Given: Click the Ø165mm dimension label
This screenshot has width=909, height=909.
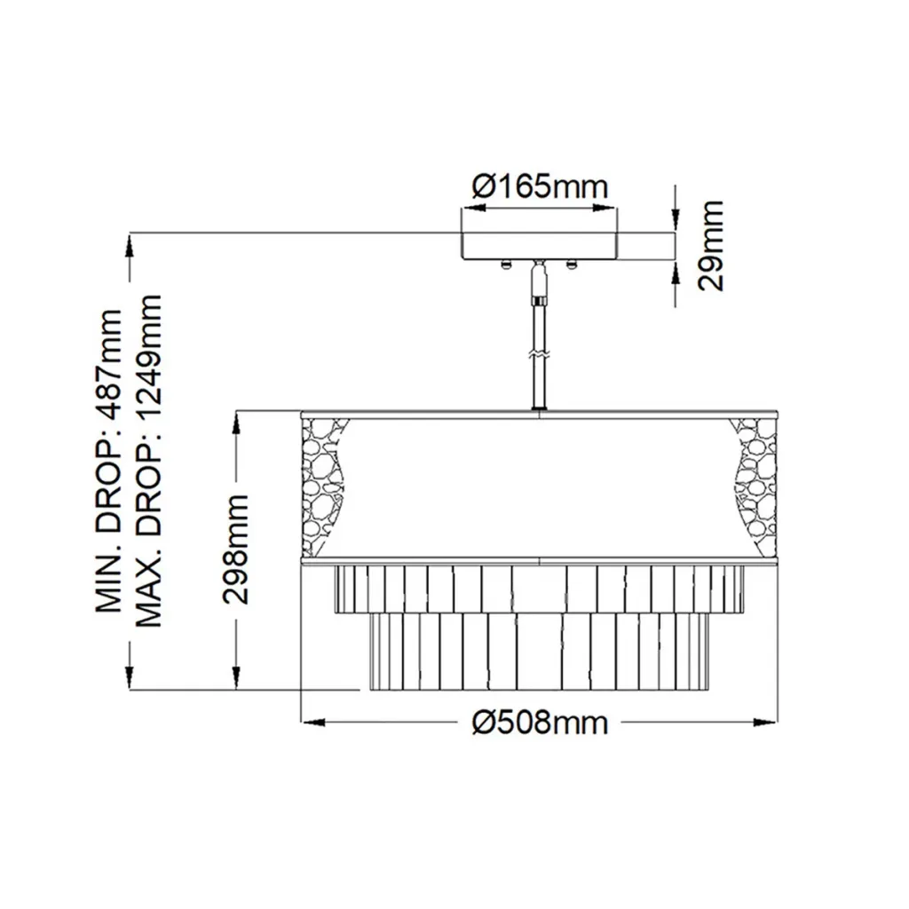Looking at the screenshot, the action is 540,187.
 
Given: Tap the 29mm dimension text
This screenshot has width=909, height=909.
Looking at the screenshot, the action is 711,245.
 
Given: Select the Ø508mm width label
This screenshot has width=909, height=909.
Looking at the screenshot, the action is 541,723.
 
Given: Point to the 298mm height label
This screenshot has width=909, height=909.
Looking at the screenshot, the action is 236,549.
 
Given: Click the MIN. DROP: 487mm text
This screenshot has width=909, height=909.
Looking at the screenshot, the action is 109,461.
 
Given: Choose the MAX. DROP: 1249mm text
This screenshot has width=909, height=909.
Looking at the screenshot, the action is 148,461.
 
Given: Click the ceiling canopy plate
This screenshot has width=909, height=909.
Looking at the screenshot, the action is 539,246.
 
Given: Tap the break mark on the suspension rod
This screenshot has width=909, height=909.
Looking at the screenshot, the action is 539,353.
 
